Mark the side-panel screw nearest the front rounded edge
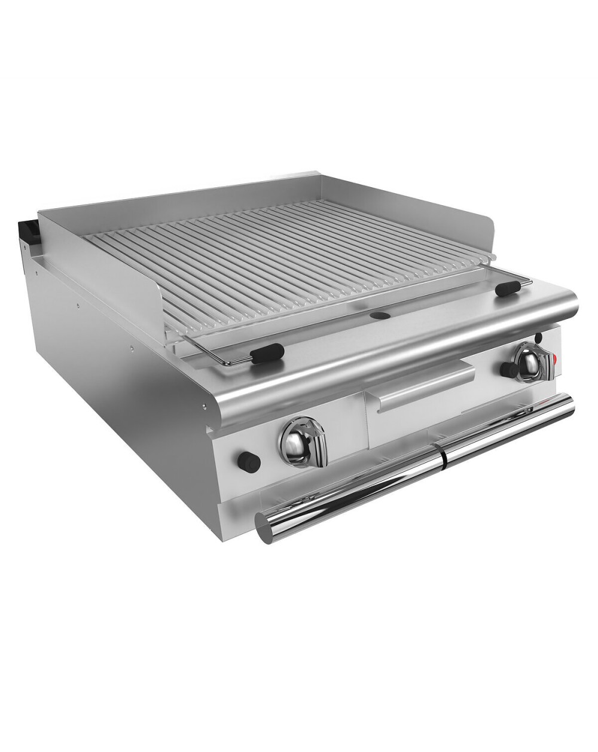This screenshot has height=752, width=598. (205, 406)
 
